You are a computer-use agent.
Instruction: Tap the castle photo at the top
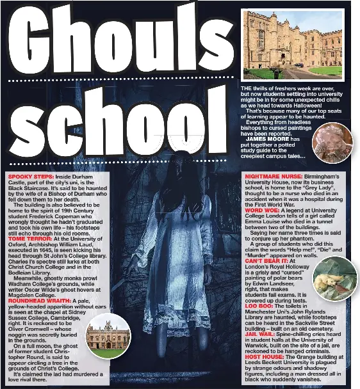(292, 44)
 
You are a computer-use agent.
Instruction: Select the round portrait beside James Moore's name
(332, 143)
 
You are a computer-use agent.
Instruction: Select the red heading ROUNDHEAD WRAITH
(40, 301)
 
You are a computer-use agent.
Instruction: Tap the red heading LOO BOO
(259, 306)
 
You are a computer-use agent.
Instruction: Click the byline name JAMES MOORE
(267, 139)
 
